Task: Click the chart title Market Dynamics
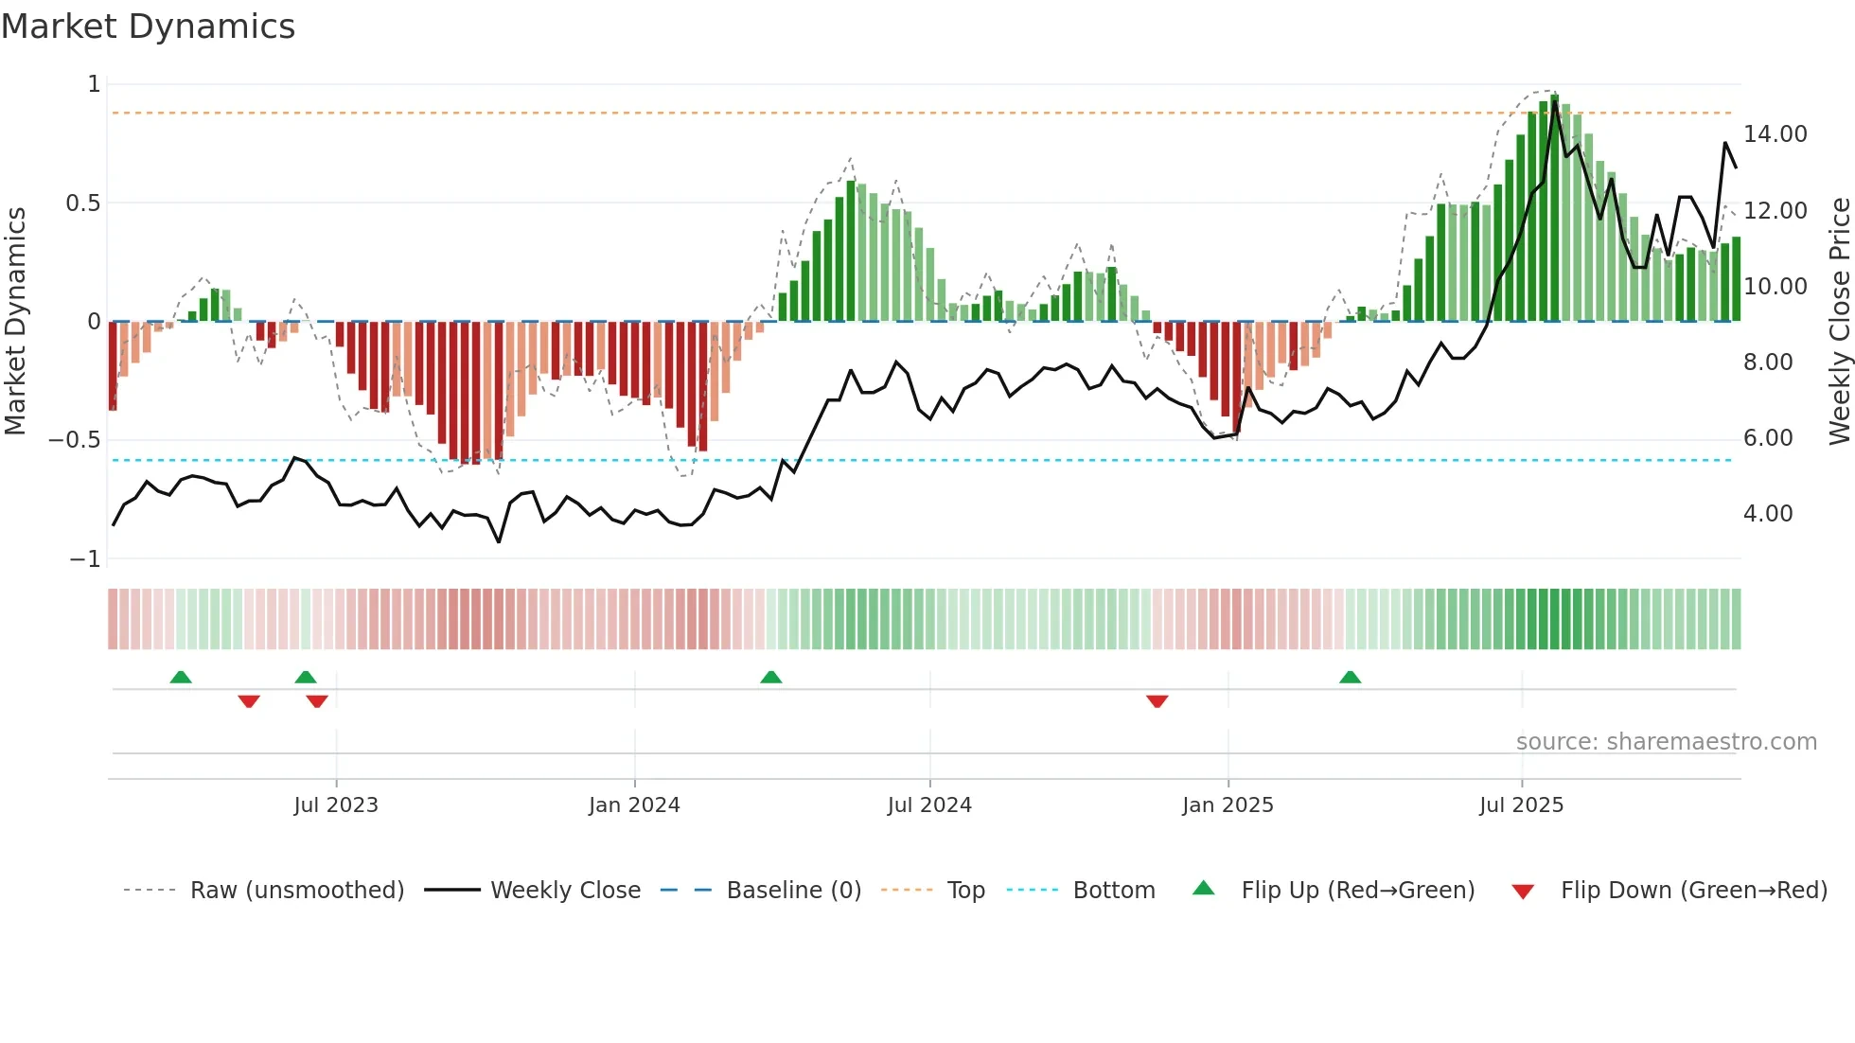[149, 27]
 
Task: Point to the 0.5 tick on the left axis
[82, 203]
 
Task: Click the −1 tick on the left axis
[84, 559]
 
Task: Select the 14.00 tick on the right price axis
[1775, 134]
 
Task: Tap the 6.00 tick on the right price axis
[1767, 438]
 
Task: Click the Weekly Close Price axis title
[1839, 322]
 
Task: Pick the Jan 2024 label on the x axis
[634, 805]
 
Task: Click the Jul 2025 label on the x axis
[1521, 805]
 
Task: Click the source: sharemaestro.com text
[1666, 742]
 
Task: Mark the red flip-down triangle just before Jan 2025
[1157, 701]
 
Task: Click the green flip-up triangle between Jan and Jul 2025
[1350, 677]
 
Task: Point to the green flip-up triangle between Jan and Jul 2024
[770, 677]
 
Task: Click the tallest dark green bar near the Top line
[1554, 208]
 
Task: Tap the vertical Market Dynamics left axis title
[15, 322]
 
